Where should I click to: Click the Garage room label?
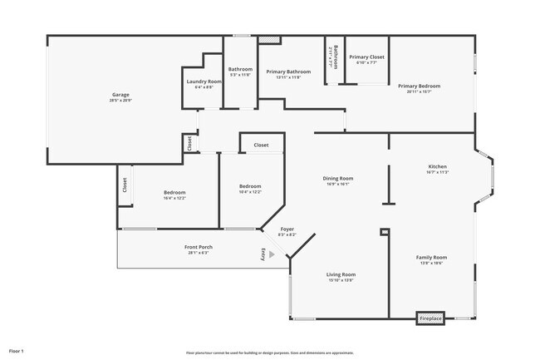click(x=120, y=95)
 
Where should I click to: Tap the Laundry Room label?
click(x=204, y=81)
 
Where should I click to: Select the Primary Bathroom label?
click(x=288, y=72)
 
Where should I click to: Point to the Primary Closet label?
click(x=366, y=57)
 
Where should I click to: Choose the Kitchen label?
click(x=437, y=167)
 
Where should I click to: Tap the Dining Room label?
click(x=338, y=178)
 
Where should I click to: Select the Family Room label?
click(x=431, y=258)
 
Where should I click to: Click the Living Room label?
click(x=341, y=274)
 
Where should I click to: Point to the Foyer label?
click(x=287, y=229)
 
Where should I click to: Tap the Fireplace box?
click(x=430, y=318)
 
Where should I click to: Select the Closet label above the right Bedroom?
click(x=261, y=145)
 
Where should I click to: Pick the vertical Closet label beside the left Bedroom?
click(x=125, y=185)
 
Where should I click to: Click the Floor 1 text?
click(x=17, y=352)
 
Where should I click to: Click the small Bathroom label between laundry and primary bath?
click(x=240, y=69)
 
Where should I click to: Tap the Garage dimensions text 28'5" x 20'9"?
click(x=120, y=100)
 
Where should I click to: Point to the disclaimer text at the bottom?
click(x=270, y=353)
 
